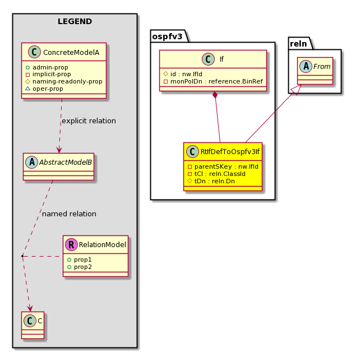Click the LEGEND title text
coord(75,21)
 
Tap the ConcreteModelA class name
coord(71,53)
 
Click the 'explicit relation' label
coord(89,120)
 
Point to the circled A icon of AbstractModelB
coord(32,162)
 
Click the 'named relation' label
coord(69,214)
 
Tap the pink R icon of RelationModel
coord(71,244)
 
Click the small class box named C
coord(33,325)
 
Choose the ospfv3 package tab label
coord(167,36)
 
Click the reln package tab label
coord(298,44)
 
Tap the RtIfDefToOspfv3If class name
coord(230,152)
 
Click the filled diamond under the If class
coord(215,95)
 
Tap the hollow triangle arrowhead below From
coord(297,90)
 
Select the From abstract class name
coord(322,67)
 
